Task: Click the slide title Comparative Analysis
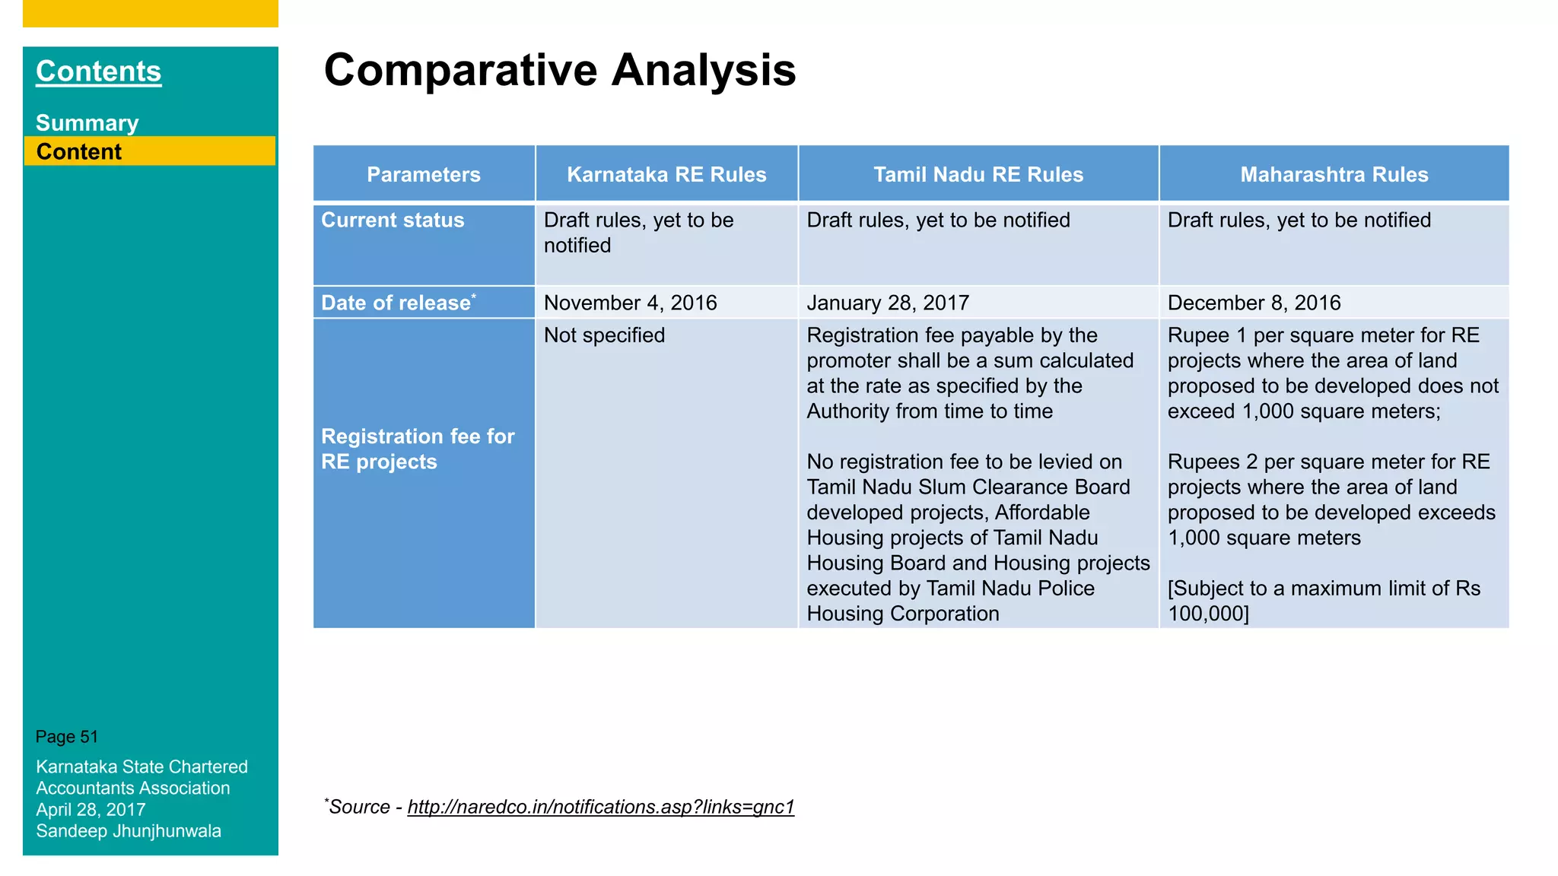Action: point(559,70)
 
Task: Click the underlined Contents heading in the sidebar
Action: point(98,71)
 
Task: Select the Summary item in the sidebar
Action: point(87,123)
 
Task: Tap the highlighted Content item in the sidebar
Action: point(79,151)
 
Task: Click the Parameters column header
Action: point(423,174)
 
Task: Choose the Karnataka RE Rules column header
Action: point(666,174)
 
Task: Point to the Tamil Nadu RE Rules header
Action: point(978,174)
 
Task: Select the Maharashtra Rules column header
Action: point(1334,174)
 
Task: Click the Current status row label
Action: point(393,221)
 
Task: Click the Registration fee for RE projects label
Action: point(417,449)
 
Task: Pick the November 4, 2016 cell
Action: point(630,303)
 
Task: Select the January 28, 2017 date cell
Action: point(887,303)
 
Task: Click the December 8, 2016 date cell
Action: point(1254,303)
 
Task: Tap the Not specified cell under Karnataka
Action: point(604,335)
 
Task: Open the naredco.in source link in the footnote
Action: point(600,807)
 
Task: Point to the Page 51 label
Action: point(67,737)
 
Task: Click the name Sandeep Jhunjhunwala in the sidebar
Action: point(129,831)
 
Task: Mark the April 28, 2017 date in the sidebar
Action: point(91,810)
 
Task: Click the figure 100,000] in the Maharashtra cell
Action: point(1208,614)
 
